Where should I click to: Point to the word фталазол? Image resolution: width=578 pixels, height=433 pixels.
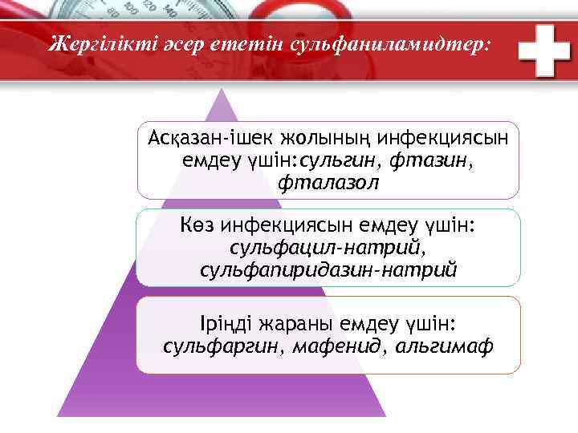point(328,183)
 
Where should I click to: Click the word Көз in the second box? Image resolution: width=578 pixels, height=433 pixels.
point(197,225)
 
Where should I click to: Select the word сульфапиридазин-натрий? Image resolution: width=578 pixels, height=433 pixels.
point(328,270)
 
